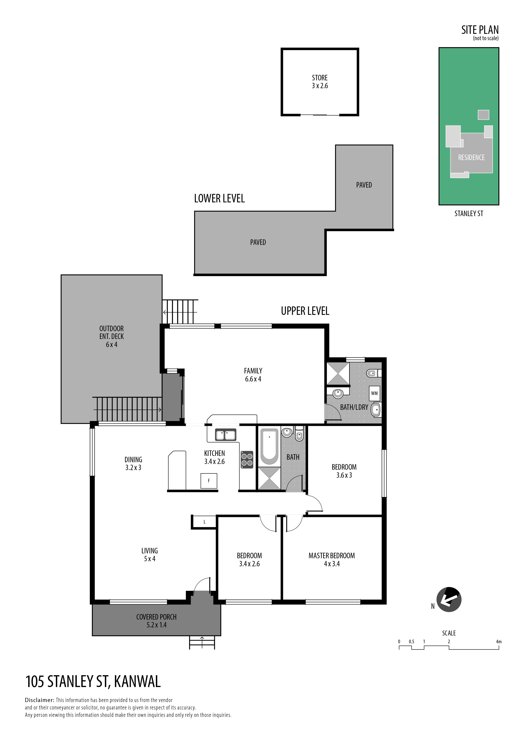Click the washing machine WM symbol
click(374, 393)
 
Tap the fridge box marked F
click(209, 481)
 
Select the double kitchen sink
click(226, 435)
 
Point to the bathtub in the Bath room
click(269, 446)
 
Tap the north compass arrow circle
click(449, 599)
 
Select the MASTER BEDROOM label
click(332, 556)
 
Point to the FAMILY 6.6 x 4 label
click(253, 375)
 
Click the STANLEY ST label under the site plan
click(469, 213)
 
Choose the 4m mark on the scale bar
click(499, 642)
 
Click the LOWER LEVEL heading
click(219, 198)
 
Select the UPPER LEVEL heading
click(305, 311)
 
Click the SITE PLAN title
click(480, 30)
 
